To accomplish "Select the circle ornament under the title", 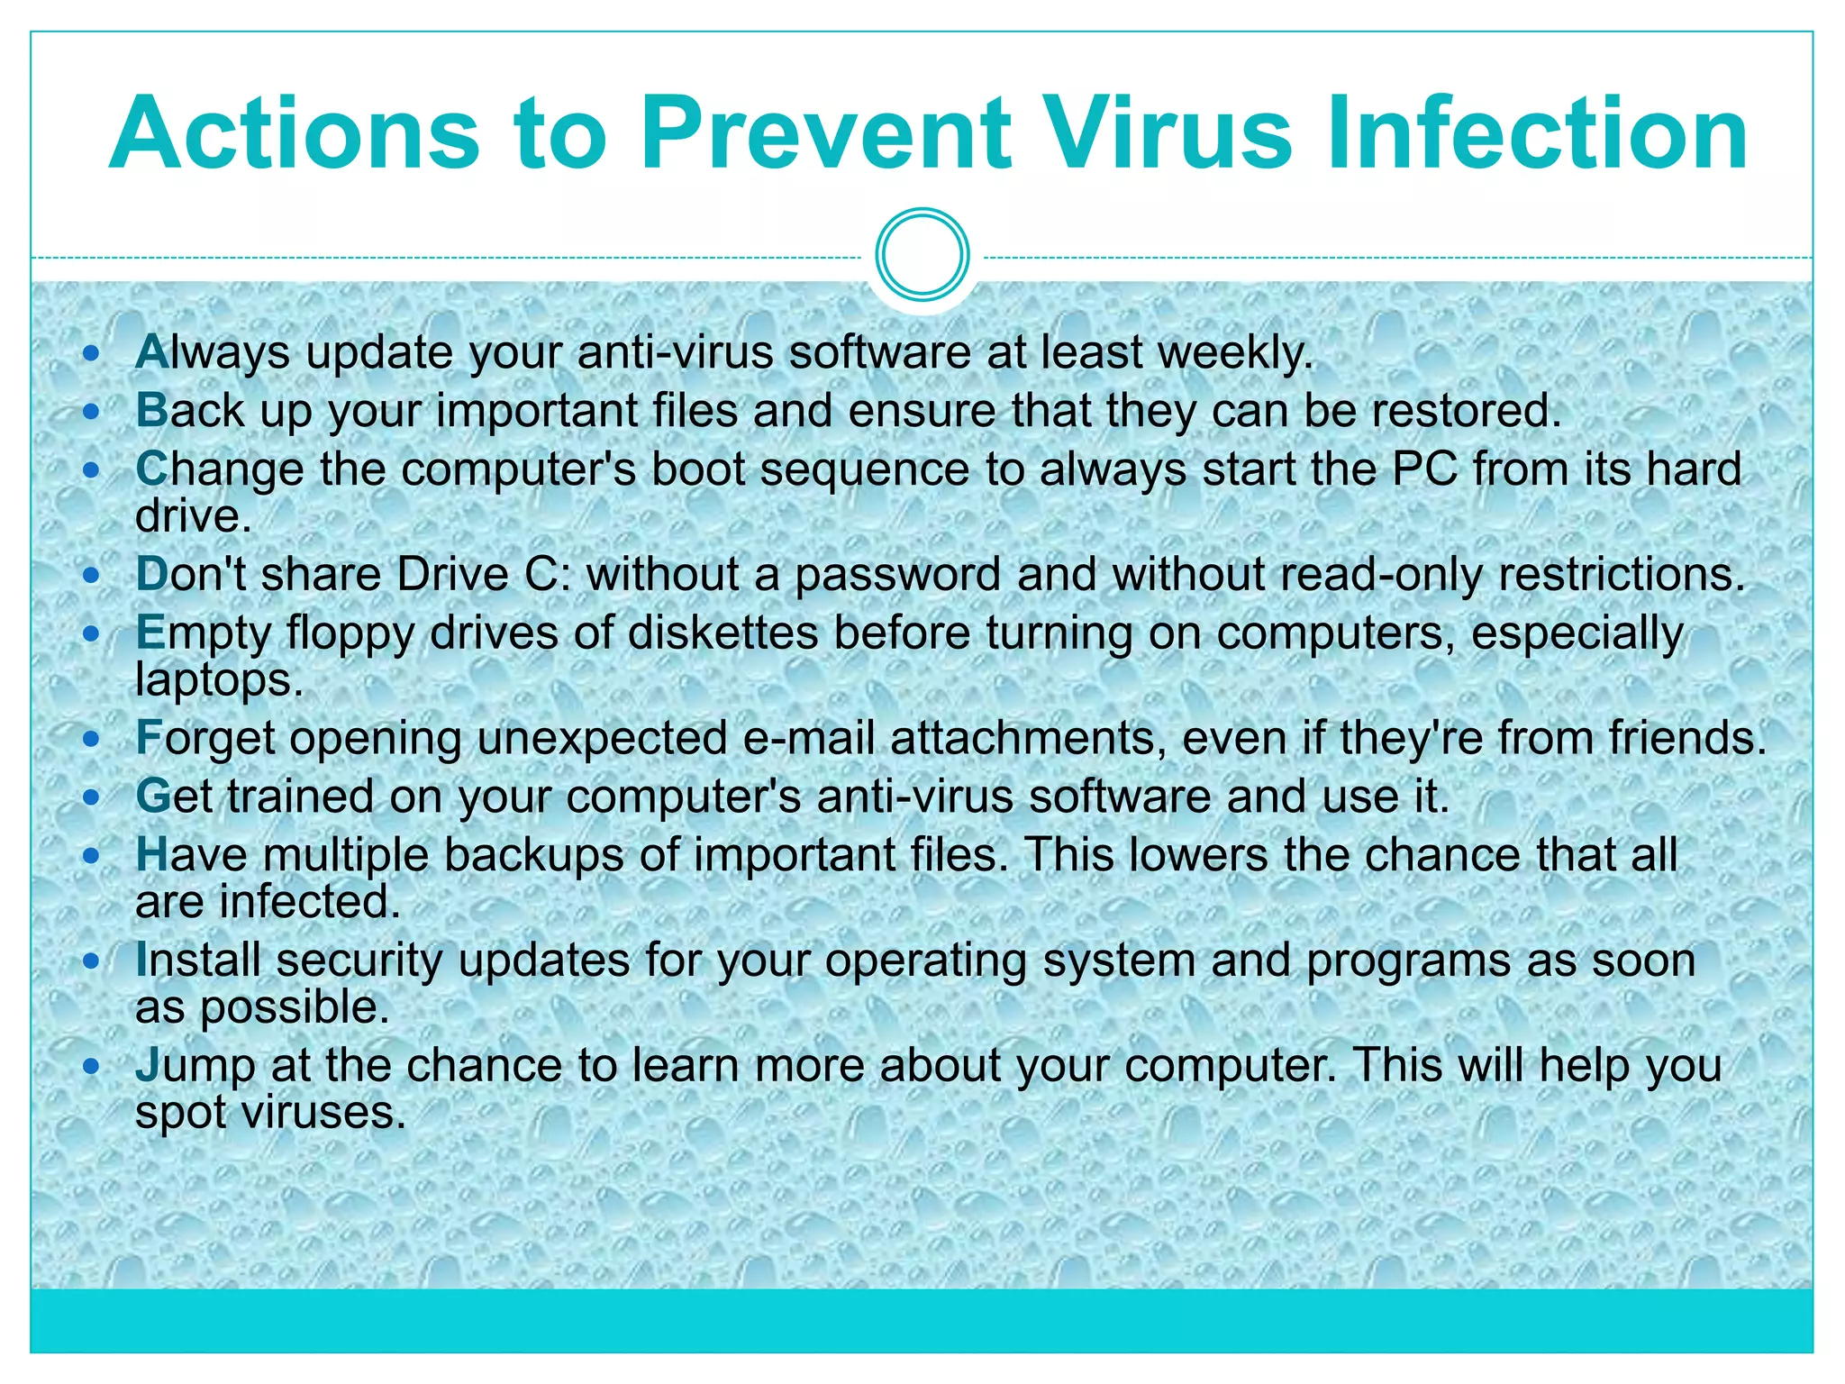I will click(x=922, y=255).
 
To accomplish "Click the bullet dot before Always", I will click(x=91, y=354).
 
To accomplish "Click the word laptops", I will click(x=219, y=679).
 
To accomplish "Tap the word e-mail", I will click(x=808, y=738).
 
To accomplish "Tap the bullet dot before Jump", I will click(x=91, y=1067).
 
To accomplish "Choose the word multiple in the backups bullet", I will click(x=346, y=855).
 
